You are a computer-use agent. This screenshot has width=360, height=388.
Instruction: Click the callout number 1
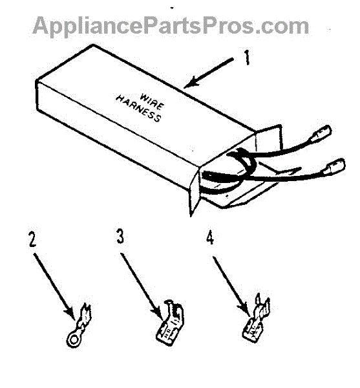(x=247, y=58)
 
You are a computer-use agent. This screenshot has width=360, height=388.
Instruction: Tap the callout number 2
(x=32, y=239)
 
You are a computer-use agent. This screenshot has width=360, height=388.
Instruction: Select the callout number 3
(x=120, y=235)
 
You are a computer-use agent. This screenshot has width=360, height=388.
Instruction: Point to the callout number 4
(x=210, y=238)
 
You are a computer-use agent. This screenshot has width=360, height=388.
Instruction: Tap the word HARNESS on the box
(x=139, y=109)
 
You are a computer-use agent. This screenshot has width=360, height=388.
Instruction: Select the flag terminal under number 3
(x=170, y=323)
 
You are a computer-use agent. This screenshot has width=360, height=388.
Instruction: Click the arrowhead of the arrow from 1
(x=191, y=83)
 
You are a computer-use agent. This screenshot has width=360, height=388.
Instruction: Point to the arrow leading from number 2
(x=54, y=286)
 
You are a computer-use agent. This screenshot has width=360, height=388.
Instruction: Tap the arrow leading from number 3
(x=143, y=286)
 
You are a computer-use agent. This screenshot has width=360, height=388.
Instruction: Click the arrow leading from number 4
(x=231, y=286)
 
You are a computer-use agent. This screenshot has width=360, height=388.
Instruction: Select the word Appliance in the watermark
(x=88, y=26)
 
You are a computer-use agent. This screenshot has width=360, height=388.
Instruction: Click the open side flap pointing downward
(x=195, y=193)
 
